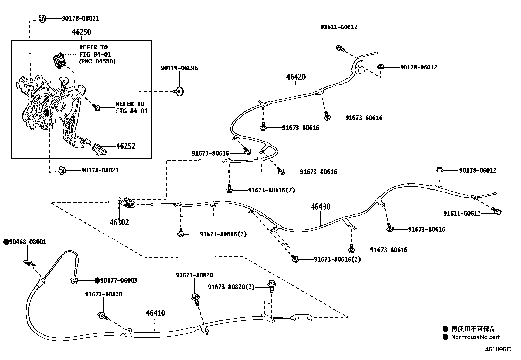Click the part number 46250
click(x=81, y=32)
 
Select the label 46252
click(x=126, y=146)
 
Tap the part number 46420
click(x=296, y=77)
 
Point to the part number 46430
click(x=320, y=207)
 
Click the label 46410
click(x=155, y=313)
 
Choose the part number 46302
click(x=119, y=223)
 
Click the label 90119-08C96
click(x=179, y=68)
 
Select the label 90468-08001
click(x=27, y=242)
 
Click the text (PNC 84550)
click(x=97, y=61)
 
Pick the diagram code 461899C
click(x=497, y=349)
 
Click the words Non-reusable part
click(x=475, y=337)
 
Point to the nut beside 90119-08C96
click(x=179, y=92)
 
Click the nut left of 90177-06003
click(x=74, y=280)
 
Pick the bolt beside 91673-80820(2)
click(x=271, y=285)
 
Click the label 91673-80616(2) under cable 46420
click(x=271, y=190)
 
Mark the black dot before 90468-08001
click(x=6, y=242)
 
